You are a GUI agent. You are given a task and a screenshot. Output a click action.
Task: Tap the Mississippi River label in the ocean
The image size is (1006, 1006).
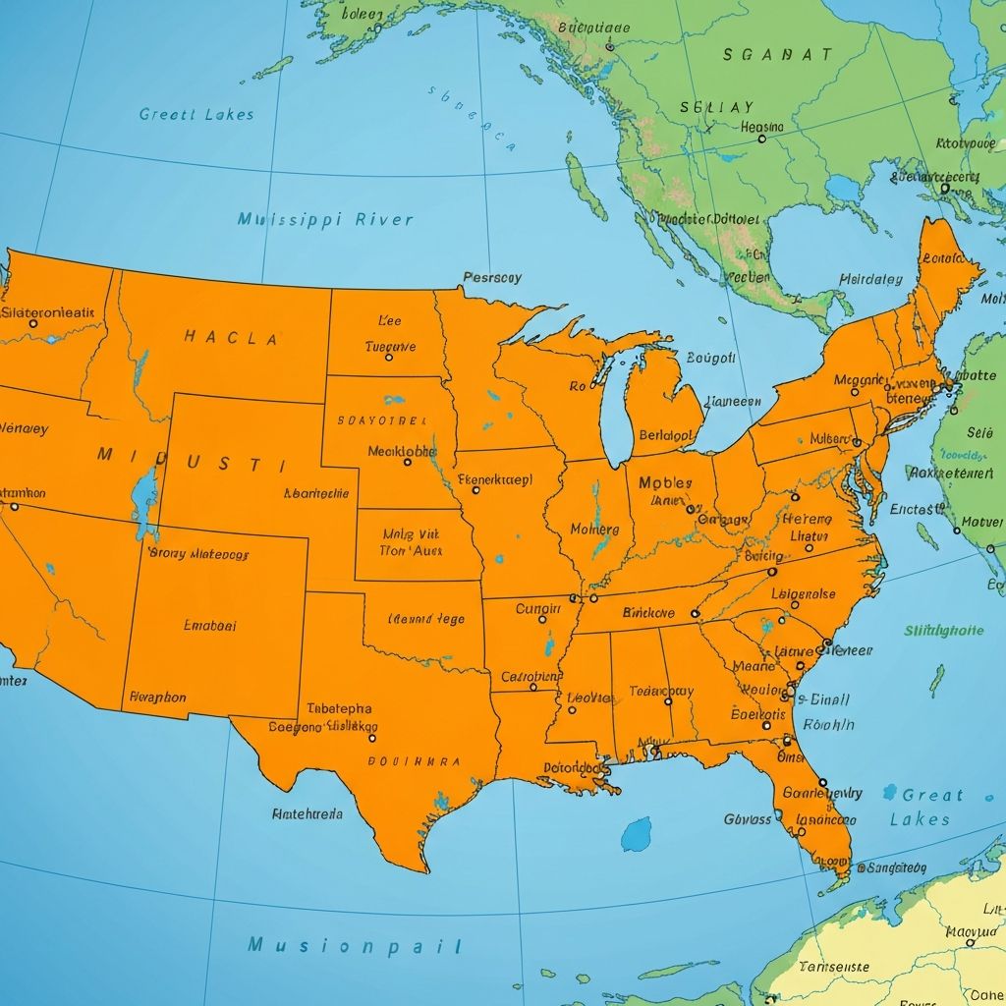click(325, 219)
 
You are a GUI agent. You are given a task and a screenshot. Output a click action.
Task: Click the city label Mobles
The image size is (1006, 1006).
click(665, 482)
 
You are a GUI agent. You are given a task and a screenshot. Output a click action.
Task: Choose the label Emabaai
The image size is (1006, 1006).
click(210, 624)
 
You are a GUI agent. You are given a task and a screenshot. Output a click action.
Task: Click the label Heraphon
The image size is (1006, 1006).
click(157, 697)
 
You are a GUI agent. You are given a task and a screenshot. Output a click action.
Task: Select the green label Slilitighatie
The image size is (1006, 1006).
click(943, 630)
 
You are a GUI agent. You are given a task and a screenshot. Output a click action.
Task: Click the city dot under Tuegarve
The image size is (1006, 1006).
click(389, 358)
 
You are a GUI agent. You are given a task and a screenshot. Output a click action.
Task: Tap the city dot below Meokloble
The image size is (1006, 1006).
click(408, 462)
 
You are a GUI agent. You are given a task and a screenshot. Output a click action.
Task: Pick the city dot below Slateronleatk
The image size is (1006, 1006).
click(33, 322)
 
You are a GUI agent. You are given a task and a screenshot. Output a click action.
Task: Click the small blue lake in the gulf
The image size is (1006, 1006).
click(636, 834)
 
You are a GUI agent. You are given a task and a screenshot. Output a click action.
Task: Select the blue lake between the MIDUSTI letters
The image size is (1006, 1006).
click(145, 501)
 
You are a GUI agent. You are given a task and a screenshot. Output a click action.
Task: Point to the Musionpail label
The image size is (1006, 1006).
click(355, 945)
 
